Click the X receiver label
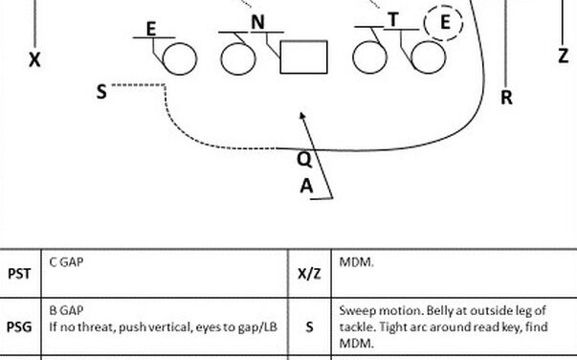[34, 59]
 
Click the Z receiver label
[563, 56]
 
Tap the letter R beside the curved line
[507, 97]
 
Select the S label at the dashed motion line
[101, 92]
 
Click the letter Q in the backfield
[302, 160]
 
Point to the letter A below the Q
[306, 187]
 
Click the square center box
[303, 57]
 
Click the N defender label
[257, 22]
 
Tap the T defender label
[393, 20]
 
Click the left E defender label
[151, 29]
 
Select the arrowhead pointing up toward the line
[303, 118]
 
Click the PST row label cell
[19, 274]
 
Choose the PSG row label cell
[19, 326]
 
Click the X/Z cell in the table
[309, 274]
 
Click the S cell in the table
[309, 326]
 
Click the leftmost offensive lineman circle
[178, 59]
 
